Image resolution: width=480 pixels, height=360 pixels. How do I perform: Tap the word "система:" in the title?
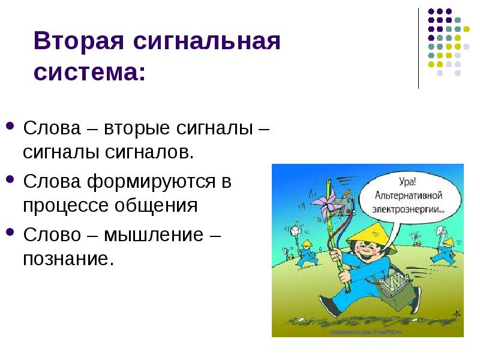click(x=89, y=73)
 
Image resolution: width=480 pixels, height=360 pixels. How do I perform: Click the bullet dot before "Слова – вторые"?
click(x=10, y=127)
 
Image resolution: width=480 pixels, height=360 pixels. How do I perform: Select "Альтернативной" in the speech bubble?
click(x=409, y=196)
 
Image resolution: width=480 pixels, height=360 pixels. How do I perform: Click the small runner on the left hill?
click(x=306, y=251)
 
